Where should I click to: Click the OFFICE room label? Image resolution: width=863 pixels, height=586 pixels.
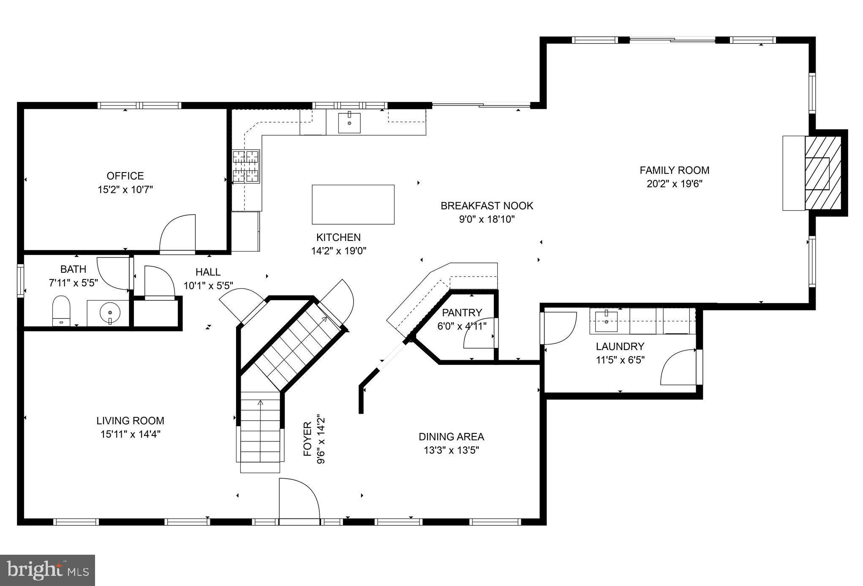click(x=125, y=176)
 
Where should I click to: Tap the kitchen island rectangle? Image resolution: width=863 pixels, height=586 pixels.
click(x=353, y=204)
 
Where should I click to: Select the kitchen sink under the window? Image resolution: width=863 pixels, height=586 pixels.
click(x=349, y=123)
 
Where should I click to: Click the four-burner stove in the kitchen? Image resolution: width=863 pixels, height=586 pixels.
click(x=246, y=167)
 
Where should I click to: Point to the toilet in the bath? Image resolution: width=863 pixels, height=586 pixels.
click(x=61, y=311)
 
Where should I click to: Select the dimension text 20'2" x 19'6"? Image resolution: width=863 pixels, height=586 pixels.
click(x=674, y=184)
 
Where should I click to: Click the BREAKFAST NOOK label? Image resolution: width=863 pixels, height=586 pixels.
click(x=487, y=206)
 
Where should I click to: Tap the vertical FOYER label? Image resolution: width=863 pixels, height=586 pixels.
click(x=308, y=439)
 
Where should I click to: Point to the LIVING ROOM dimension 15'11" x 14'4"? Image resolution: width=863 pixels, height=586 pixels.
click(x=130, y=434)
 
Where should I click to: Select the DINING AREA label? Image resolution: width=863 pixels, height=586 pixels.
click(x=451, y=437)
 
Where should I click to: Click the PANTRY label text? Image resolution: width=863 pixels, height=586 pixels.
click(x=462, y=313)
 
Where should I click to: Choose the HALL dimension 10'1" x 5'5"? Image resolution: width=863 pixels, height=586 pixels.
click(x=208, y=286)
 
